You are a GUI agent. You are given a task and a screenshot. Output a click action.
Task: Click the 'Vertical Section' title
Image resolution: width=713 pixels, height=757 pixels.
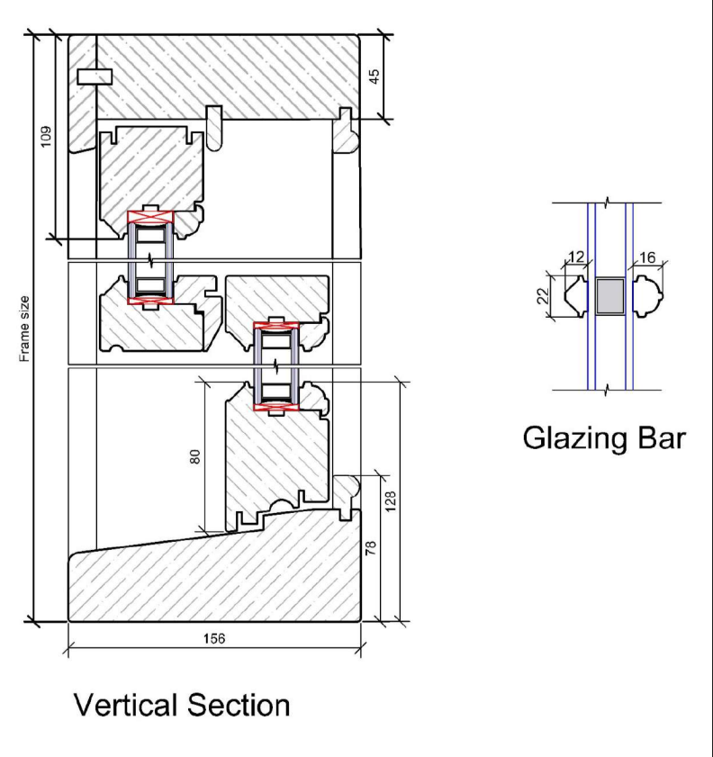click(x=183, y=704)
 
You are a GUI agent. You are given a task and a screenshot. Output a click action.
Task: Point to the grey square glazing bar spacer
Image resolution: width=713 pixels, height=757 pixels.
click(x=609, y=296)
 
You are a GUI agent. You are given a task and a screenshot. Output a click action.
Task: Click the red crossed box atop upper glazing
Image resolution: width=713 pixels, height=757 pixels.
click(x=150, y=216)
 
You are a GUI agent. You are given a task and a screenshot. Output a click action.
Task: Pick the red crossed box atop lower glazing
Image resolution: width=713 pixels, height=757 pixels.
click(x=276, y=328)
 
